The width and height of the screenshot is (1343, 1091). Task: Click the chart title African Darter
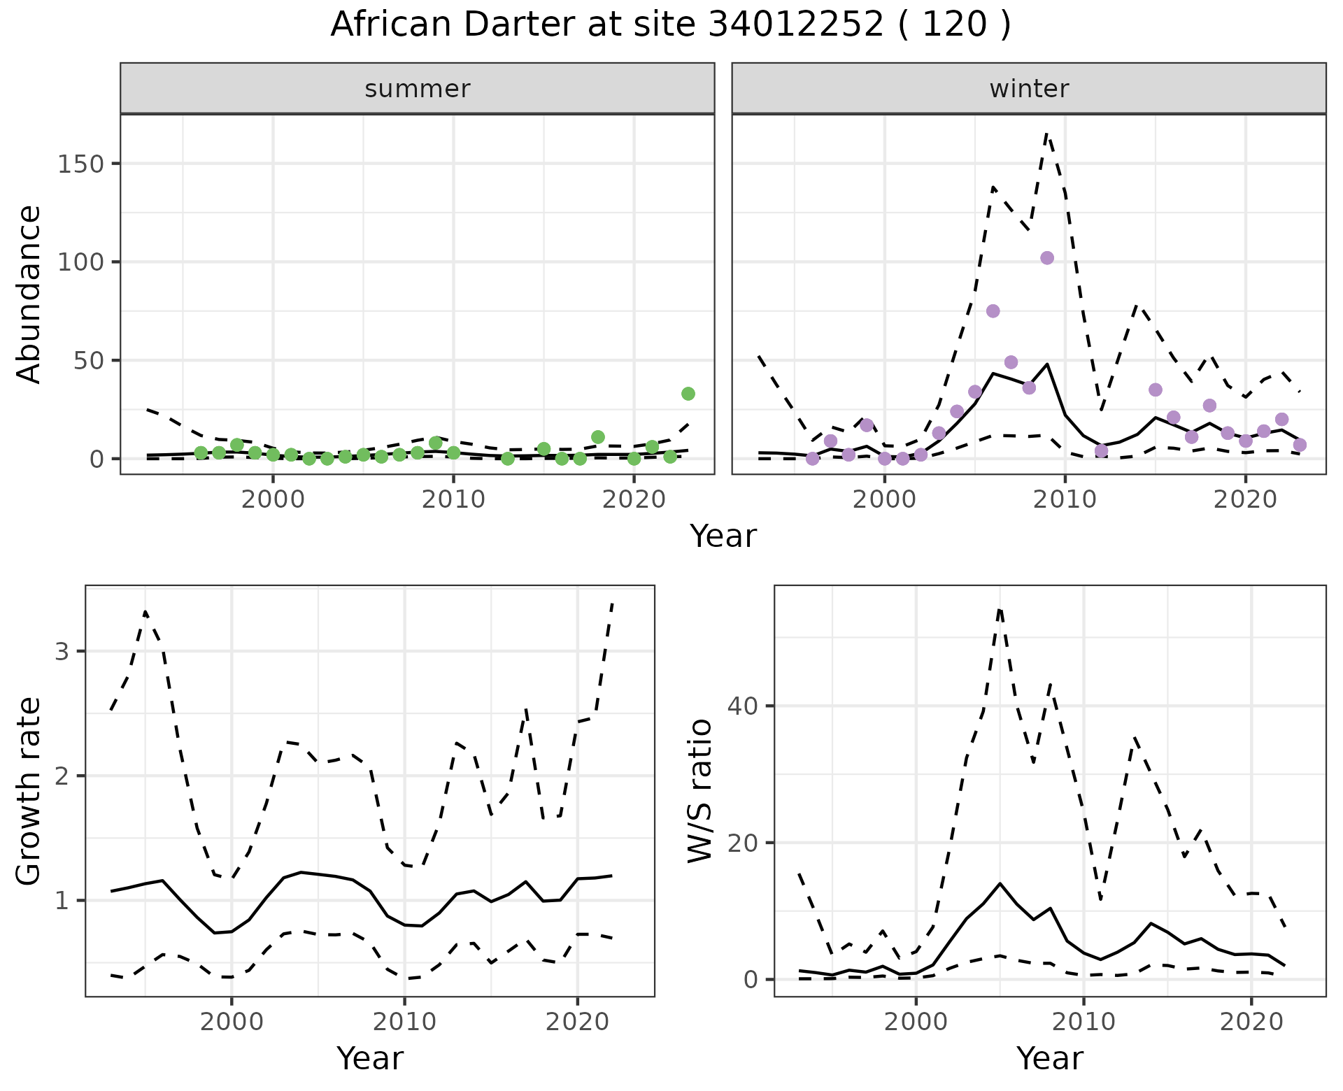(x=670, y=25)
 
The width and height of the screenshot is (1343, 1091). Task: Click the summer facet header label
(x=417, y=89)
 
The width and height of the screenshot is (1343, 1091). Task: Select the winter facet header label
(x=1028, y=89)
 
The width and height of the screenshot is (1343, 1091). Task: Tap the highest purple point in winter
(x=1046, y=258)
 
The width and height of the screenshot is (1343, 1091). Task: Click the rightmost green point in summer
(x=688, y=394)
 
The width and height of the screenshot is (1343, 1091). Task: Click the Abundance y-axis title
(x=29, y=294)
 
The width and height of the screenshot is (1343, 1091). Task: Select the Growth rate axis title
(x=29, y=791)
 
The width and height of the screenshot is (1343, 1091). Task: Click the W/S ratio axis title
(x=699, y=791)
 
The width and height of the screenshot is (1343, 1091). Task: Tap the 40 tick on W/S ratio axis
(x=744, y=705)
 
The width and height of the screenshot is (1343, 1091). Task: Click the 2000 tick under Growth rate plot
(x=232, y=1022)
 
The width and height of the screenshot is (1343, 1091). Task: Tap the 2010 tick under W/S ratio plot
(x=1083, y=1022)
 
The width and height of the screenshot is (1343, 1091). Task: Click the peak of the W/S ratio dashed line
(x=1000, y=608)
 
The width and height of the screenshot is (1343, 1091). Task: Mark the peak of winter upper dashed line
(x=1046, y=133)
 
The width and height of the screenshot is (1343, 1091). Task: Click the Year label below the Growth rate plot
(x=370, y=1058)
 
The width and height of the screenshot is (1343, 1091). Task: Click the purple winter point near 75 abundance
(x=993, y=311)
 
